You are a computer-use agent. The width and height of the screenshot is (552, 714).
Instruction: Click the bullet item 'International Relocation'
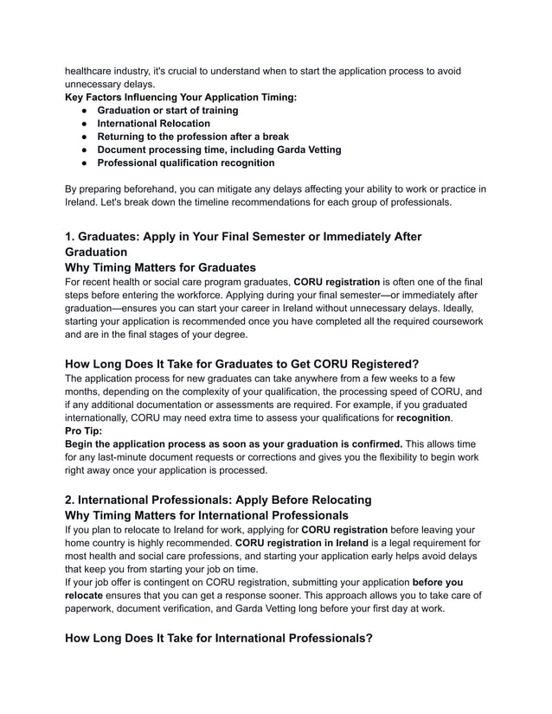tap(153, 124)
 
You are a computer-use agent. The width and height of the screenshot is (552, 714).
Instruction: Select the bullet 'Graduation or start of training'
tap(167, 111)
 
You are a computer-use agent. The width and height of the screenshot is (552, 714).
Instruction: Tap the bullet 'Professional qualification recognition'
tap(185, 163)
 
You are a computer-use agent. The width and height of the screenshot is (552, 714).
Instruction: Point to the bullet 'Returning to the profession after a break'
tap(192, 137)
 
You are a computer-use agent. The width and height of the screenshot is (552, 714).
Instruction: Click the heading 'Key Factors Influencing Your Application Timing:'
tap(181, 98)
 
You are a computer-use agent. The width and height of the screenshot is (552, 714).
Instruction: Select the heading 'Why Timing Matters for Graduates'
tap(160, 267)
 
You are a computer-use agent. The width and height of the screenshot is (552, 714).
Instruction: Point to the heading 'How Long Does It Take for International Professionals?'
tap(219, 638)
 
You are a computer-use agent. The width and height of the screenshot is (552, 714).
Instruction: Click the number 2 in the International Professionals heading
tap(70, 499)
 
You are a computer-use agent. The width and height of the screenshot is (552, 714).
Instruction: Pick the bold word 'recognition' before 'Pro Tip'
tap(427, 417)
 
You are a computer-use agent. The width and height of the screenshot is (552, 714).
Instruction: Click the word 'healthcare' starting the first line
tap(93, 71)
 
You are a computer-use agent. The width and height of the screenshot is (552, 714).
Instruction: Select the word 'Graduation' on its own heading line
tap(96, 252)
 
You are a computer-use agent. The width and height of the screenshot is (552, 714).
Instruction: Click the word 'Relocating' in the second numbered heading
tap(336, 499)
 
